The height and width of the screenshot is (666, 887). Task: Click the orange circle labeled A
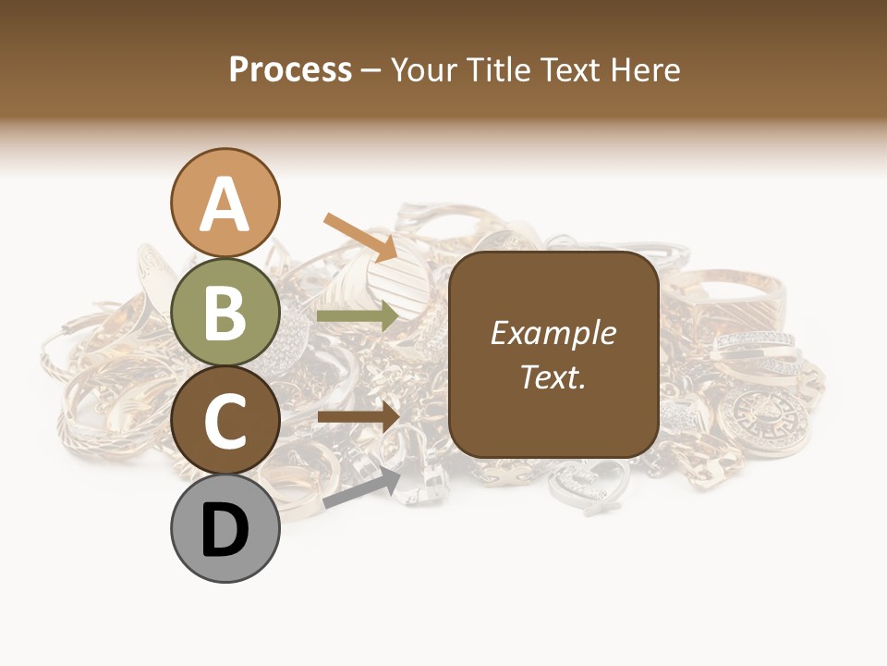(225, 203)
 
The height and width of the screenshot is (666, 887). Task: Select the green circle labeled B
(225, 313)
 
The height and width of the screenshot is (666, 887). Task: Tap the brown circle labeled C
(225, 421)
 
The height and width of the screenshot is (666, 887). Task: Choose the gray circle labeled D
(225, 529)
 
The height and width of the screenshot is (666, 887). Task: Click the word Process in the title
(290, 69)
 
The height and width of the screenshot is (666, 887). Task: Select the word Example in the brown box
(553, 333)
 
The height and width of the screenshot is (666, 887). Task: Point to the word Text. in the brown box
(553, 377)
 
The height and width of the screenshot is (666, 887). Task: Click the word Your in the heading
(422, 69)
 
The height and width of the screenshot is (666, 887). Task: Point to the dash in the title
(371, 69)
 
